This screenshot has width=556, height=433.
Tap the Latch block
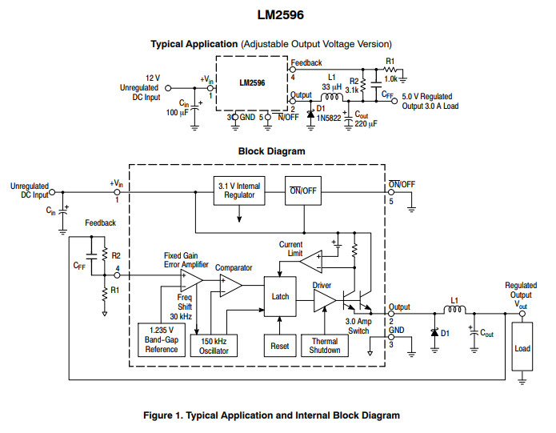point(280,296)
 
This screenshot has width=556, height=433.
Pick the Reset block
point(280,345)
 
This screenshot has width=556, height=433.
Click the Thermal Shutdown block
point(325,345)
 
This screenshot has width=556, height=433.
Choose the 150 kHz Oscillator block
point(214,345)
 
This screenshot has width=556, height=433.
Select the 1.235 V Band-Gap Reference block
point(162,340)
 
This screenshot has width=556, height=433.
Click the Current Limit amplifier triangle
point(310,257)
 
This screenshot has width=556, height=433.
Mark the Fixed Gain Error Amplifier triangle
point(190,279)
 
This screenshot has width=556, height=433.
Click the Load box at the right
point(522,348)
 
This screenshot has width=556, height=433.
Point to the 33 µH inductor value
point(331,86)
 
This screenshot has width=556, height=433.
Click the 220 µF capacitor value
point(366,124)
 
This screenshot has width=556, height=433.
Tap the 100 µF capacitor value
point(177,113)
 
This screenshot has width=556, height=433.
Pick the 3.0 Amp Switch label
point(357,326)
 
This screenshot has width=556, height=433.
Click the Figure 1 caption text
point(270,415)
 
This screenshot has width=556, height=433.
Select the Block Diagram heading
point(271,150)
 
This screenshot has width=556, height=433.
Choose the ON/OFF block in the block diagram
point(302,190)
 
